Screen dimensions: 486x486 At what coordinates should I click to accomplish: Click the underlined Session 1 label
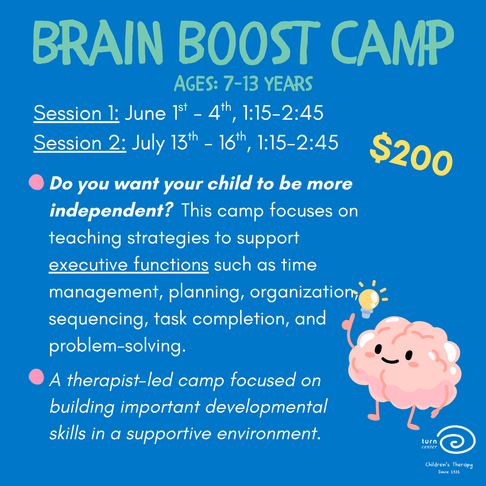click(76, 113)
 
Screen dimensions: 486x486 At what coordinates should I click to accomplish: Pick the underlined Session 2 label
click(80, 143)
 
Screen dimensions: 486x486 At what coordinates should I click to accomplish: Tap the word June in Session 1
click(145, 113)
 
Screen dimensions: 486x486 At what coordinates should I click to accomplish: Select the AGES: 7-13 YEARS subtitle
click(243, 84)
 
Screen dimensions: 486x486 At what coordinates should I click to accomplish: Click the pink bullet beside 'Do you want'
click(36, 182)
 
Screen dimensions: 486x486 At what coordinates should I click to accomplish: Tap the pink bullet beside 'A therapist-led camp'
click(36, 377)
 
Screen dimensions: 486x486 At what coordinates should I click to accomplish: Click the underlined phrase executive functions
click(129, 265)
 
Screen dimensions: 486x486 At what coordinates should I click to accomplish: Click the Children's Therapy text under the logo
click(449, 465)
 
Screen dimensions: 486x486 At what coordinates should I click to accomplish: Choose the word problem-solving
click(117, 346)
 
